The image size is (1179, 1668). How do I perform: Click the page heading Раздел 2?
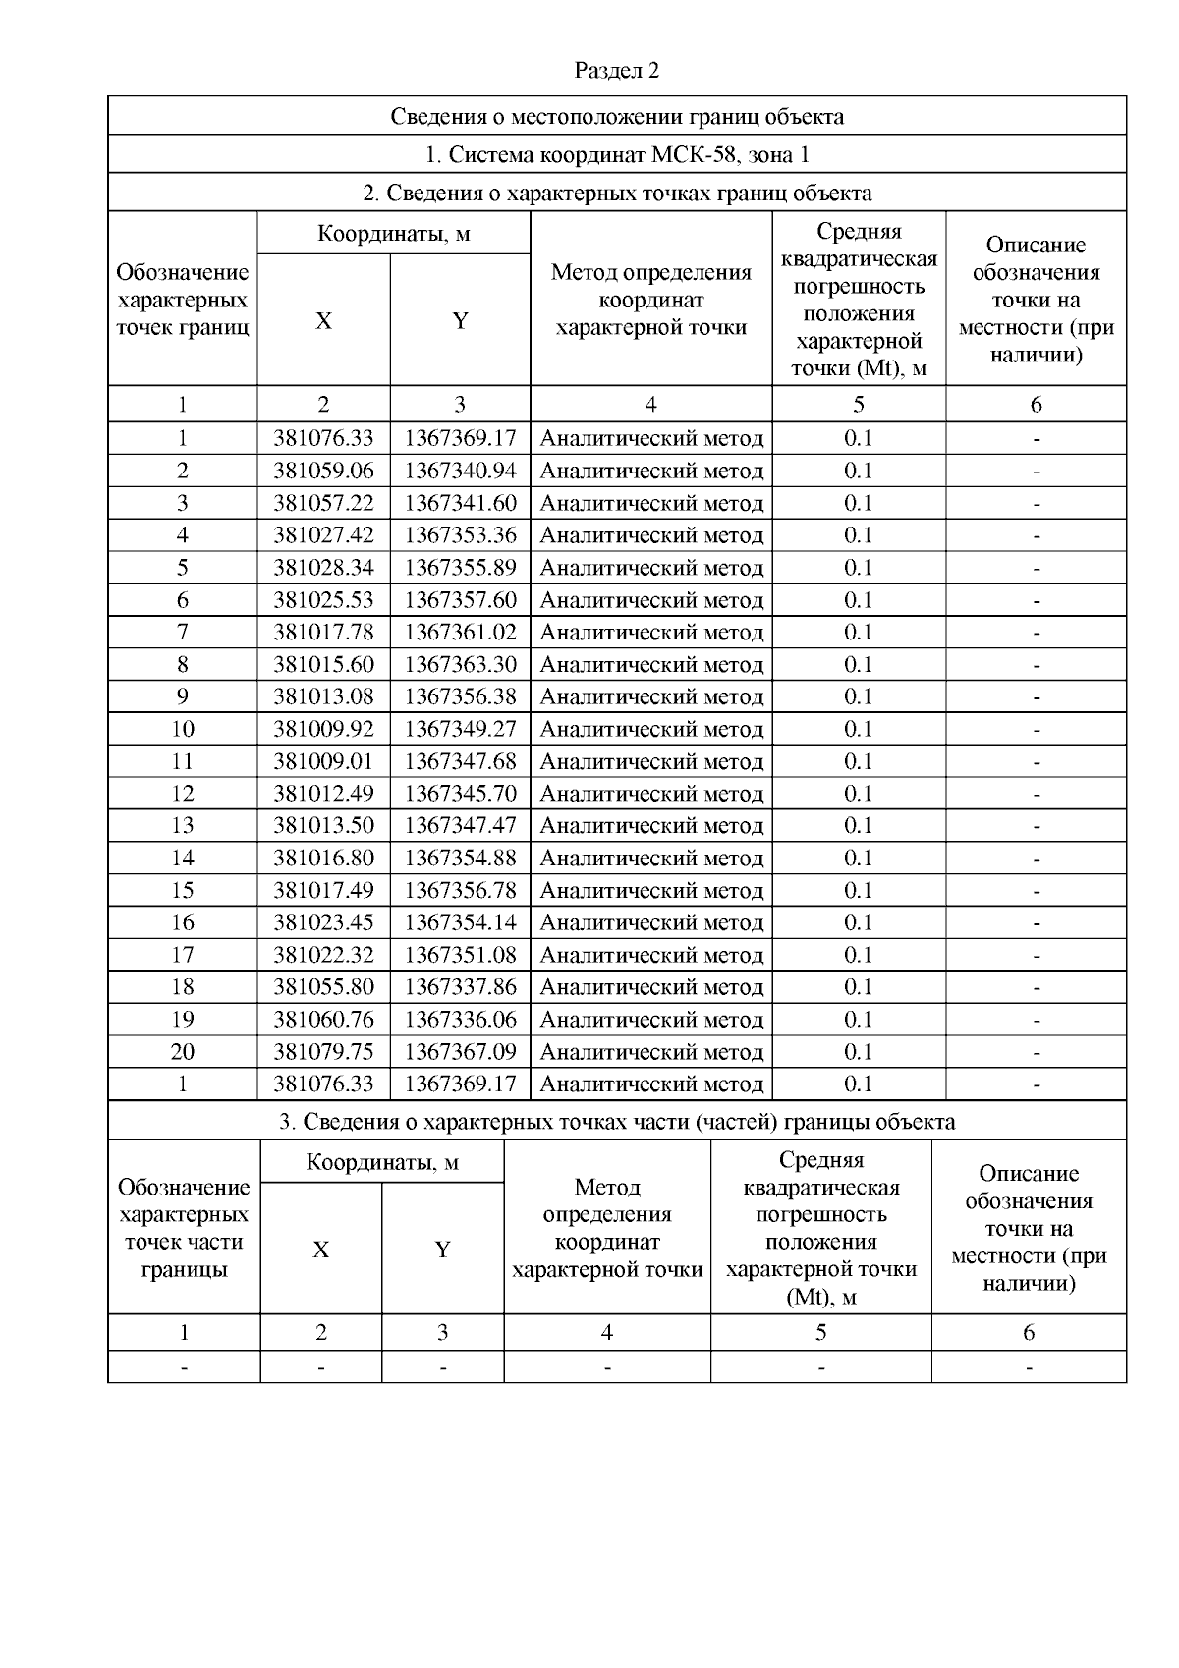point(616,71)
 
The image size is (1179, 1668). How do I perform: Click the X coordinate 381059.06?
point(323,471)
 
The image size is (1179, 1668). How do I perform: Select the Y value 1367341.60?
point(460,503)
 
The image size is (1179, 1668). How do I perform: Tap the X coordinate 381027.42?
point(323,535)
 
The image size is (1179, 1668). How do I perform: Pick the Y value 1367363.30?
point(460,664)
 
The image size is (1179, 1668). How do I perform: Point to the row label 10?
point(183,729)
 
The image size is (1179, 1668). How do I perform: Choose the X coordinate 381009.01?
point(323,761)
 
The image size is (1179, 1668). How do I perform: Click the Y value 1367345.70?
point(460,793)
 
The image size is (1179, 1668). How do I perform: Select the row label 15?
point(183,890)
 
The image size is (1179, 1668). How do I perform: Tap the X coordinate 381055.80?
point(323,986)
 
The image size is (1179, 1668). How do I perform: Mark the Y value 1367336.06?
point(460,1019)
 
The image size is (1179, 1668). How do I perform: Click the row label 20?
point(183,1051)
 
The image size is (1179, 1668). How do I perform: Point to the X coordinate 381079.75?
point(323,1051)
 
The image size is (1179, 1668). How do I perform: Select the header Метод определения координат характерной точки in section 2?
point(650,300)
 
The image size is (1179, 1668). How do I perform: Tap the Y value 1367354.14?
point(460,922)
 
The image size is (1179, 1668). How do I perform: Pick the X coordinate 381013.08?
point(323,696)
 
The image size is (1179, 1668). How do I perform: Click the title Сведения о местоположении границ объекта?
point(616,116)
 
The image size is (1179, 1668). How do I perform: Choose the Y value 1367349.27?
point(460,729)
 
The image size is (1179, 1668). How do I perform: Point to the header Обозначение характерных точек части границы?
point(184,1228)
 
